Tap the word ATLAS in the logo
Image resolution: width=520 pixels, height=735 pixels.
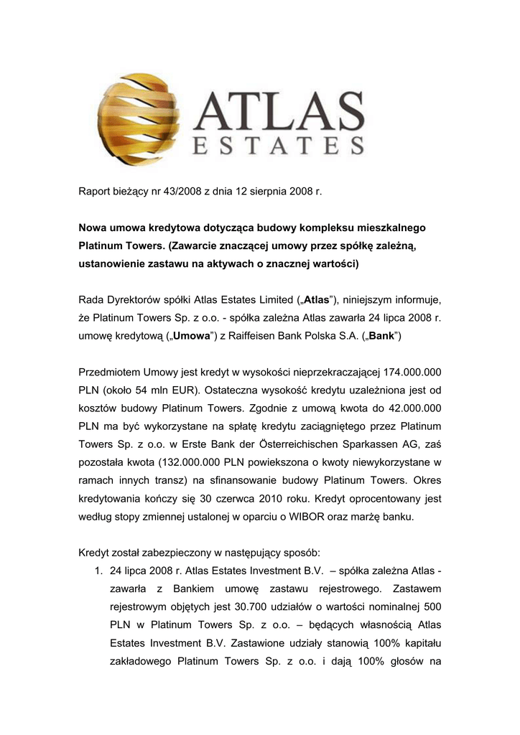pyautogui.click(x=281, y=107)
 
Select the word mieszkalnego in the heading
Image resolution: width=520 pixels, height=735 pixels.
pyautogui.click(x=391, y=228)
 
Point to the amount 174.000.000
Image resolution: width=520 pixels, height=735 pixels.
pyautogui.click(x=409, y=373)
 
